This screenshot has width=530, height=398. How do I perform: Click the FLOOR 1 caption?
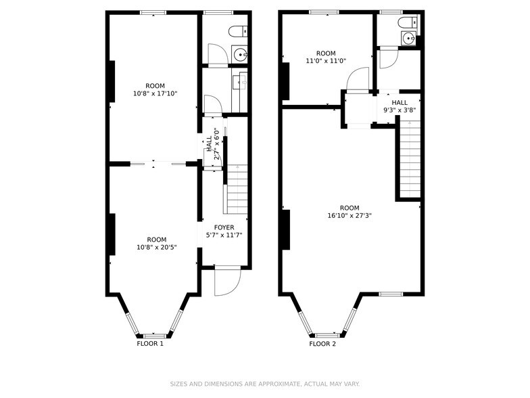click(x=150, y=344)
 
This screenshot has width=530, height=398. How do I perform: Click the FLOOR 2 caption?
click(x=322, y=344)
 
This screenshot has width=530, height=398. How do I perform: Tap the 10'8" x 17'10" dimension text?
click(x=155, y=94)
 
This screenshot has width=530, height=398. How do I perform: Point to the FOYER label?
click(x=224, y=227)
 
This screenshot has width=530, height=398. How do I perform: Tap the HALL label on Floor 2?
click(x=400, y=102)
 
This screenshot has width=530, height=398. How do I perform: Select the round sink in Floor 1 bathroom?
click(x=241, y=54)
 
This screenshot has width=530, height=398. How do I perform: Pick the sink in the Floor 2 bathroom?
click(x=408, y=39)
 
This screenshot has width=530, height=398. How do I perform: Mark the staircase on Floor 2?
click(x=409, y=156)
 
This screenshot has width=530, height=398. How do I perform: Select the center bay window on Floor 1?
click(x=155, y=335)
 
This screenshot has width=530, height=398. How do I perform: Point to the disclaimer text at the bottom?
click(x=264, y=383)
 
